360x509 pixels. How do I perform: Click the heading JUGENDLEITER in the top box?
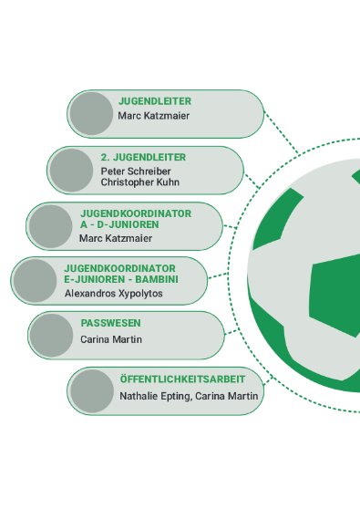point(155,101)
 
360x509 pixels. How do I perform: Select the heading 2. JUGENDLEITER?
point(143,158)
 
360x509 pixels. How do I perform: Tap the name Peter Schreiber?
point(136,171)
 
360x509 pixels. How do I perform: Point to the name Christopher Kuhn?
point(140,182)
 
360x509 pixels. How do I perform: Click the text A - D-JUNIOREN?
point(119,224)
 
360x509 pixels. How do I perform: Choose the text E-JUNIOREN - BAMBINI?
point(121,279)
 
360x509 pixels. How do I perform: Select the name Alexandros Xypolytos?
point(114,294)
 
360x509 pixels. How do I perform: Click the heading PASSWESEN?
point(110,323)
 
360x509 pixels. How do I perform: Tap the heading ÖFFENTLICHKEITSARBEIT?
point(182,379)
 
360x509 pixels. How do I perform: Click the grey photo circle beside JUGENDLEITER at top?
point(91,114)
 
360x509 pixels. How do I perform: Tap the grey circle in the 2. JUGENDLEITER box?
point(71,170)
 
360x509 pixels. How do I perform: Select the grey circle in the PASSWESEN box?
point(51,336)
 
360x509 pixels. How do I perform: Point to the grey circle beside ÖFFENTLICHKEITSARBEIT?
point(92,391)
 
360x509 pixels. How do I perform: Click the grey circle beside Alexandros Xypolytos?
point(35,281)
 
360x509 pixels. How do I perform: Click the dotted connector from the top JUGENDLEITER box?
point(281,132)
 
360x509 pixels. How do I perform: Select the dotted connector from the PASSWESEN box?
point(231,331)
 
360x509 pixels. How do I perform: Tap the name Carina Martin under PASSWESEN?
point(111,339)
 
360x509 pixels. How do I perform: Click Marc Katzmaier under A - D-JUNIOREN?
point(116,239)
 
